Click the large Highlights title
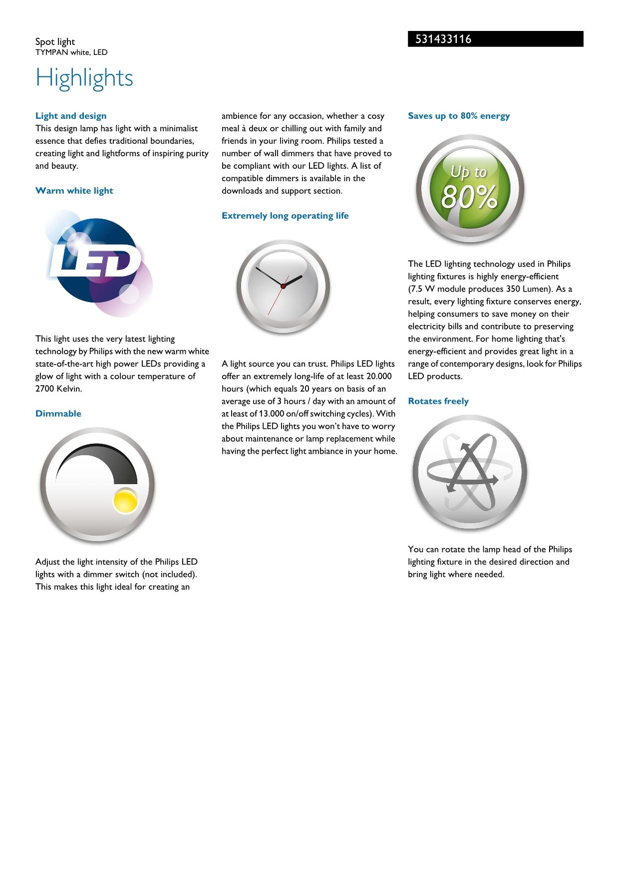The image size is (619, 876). [x=84, y=78]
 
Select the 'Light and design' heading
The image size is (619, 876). [x=71, y=116]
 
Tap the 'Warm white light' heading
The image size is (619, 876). [x=74, y=191]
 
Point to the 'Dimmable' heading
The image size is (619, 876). [x=58, y=413]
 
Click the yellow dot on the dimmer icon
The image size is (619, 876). [x=125, y=501]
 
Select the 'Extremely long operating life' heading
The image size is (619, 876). [x=285, y=216]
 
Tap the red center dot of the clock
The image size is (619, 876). [x=283, y=286]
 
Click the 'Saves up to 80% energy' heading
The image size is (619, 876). [x=459, y=116]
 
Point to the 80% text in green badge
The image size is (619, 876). [x=469, y=198]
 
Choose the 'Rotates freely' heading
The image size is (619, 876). [x=438, y=401]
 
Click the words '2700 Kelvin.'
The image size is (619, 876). [x=58, y=389]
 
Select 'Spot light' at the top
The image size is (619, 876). [x=55, y=41]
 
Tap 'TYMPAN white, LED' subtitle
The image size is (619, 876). [x=71, y=52]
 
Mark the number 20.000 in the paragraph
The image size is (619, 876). [x=379, y=376]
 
